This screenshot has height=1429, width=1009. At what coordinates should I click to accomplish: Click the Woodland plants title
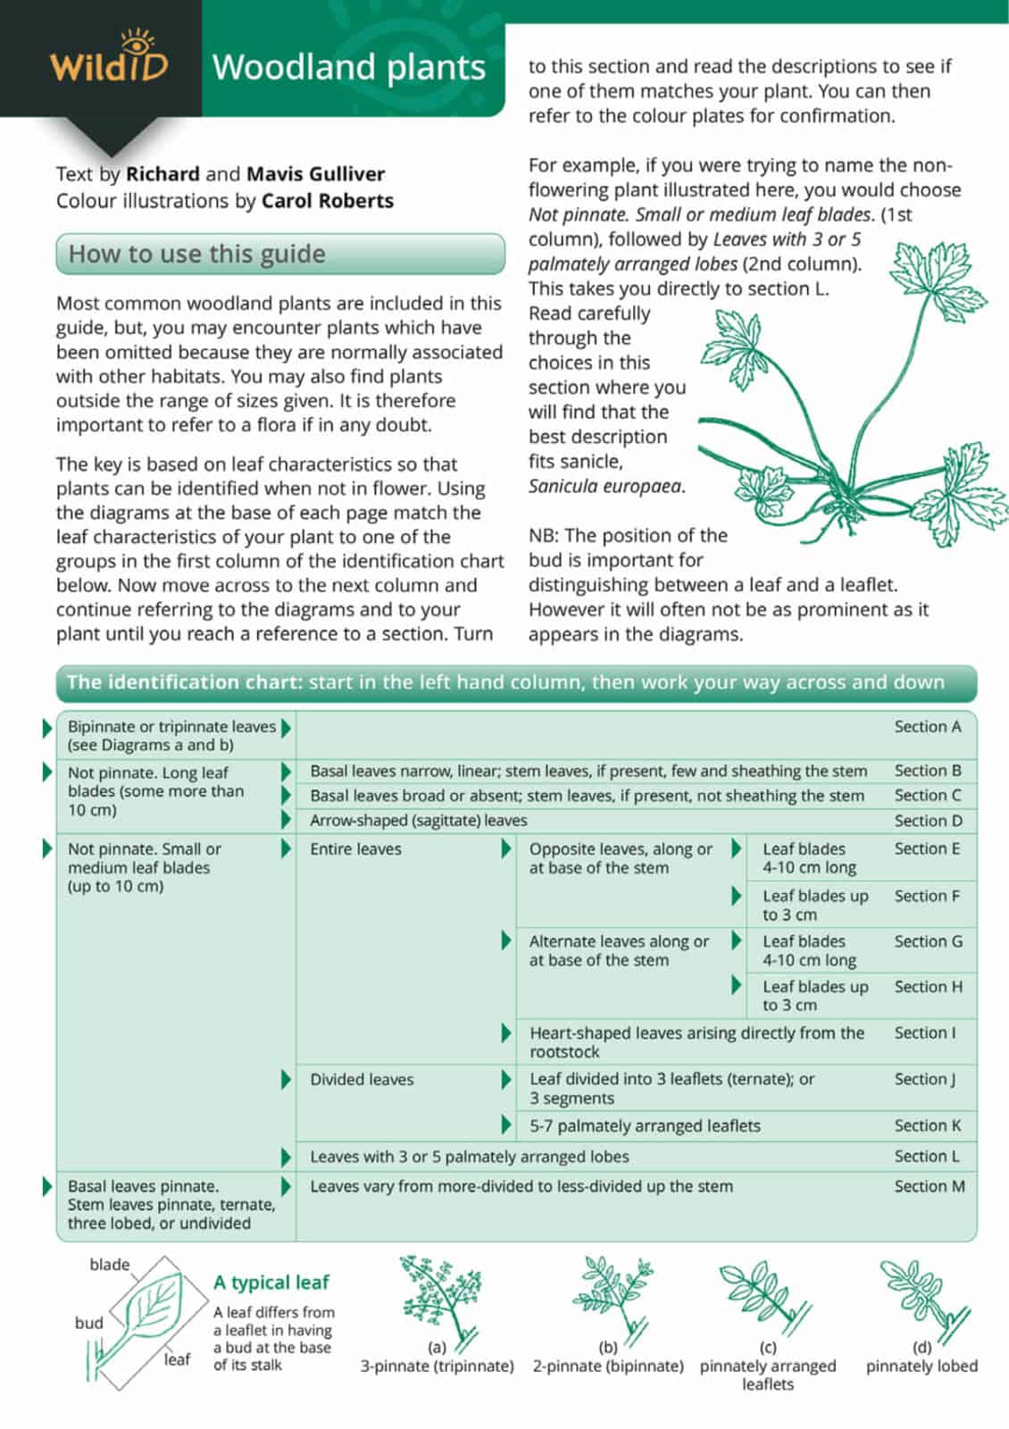[x=349, y=68]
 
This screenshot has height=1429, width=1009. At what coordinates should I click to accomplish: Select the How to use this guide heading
[x=197, y=255]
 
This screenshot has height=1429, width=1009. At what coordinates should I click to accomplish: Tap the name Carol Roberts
[x=328, y=201]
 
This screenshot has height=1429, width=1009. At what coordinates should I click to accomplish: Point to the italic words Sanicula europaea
[x=606, y=487]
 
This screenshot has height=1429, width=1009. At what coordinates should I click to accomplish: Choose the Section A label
[x=928, y=727]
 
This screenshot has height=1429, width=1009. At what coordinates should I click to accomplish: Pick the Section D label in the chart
[x=928, y=821]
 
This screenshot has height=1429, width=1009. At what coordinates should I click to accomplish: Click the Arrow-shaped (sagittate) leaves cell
[x=418, y=821]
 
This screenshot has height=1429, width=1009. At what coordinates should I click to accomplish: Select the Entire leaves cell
[x=355, y=849]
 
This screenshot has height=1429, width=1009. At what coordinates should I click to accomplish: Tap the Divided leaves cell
[x=362, y=1080]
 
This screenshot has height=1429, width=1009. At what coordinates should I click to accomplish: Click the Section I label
[x=924, y=1033]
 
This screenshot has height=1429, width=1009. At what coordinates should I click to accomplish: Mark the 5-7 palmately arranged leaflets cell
[x=645, y=1126]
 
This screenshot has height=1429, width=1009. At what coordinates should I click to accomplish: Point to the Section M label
[x=930, y=1187]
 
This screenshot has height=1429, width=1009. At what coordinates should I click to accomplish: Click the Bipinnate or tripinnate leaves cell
[x=171, y=736]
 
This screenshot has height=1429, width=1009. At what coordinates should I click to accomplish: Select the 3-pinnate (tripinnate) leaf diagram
[x=436, y=1299]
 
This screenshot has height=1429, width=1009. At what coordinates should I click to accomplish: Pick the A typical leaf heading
[x=271, y=1283]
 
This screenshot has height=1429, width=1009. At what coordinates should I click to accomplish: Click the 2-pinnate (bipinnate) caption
[x=608, y=1366]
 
